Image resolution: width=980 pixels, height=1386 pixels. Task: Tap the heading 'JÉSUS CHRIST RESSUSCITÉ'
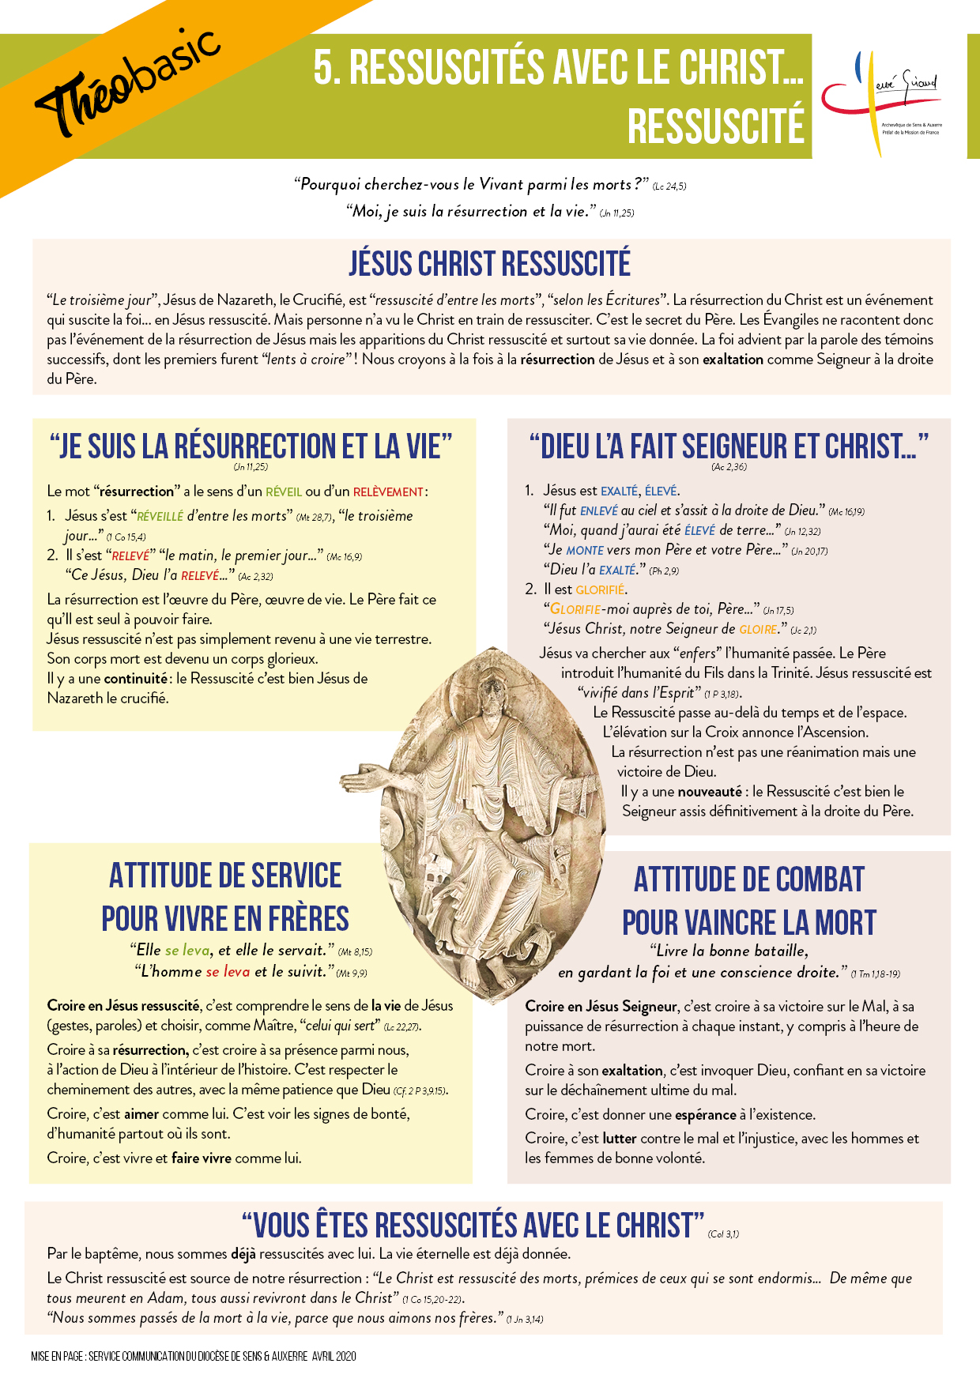(x=490, y=264)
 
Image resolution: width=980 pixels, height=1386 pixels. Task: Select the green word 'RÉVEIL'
(x=284, y=492)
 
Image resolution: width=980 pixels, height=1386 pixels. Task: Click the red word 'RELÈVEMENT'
(x=388, y=492)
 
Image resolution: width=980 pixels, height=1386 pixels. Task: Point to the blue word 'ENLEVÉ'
(x=599, y=510)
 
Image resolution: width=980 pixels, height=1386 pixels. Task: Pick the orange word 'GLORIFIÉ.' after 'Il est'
(x=601, y=589)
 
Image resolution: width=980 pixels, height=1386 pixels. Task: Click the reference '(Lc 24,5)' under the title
(x=669, y=186)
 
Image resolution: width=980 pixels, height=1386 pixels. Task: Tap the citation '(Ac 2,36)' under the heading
(x=729, y=466)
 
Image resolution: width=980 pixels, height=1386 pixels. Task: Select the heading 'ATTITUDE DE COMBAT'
(x=748, y=879)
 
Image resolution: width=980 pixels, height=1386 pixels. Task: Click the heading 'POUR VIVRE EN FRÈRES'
(x=225, y=919)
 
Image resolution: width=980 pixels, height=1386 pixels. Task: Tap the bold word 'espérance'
(x=707, y=1115)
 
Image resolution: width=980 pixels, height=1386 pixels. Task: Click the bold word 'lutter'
(x=620, y=1139)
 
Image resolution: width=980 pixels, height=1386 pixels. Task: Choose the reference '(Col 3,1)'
(x=723, y=1233)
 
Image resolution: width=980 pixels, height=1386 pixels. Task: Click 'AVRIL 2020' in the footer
(x=334, y=1356)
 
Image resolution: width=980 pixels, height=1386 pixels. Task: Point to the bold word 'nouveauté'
(x=710, y=792)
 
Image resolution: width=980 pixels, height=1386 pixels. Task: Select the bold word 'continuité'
(x=136, y=679)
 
